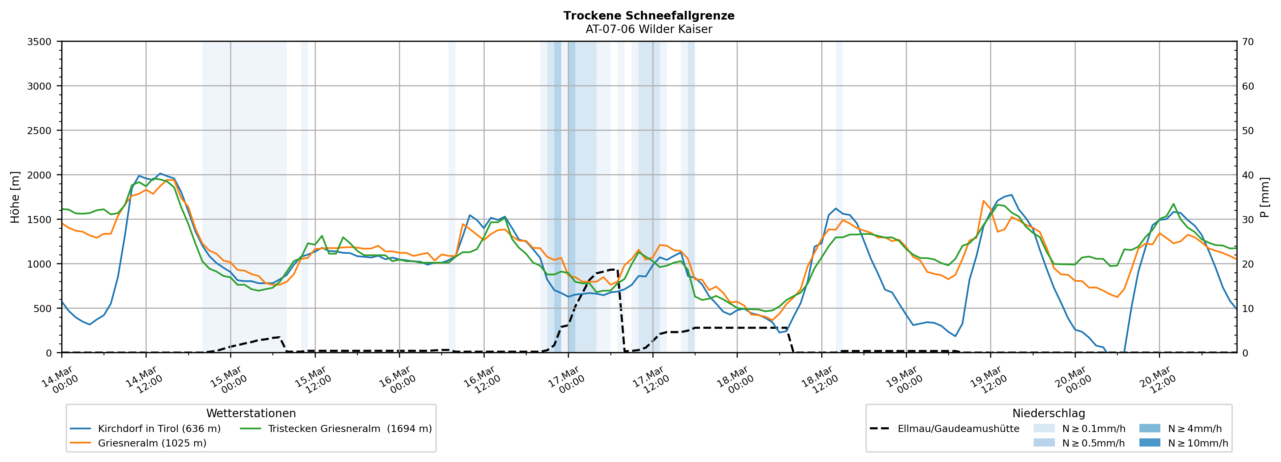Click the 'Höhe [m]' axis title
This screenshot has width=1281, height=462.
(15, 197)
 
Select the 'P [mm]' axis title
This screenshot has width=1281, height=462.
(1265, 197)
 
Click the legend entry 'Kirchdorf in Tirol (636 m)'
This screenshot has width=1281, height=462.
(159, 429)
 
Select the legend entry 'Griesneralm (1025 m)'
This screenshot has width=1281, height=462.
(152, 443)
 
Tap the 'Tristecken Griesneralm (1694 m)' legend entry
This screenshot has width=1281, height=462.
(349, 429)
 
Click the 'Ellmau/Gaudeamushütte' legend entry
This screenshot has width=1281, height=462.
(958, 429)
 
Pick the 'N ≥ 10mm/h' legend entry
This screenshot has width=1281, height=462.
(1197, 443)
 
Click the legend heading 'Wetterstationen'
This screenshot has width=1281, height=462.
(251, 413)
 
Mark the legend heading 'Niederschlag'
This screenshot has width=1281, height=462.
(1048, 413)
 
